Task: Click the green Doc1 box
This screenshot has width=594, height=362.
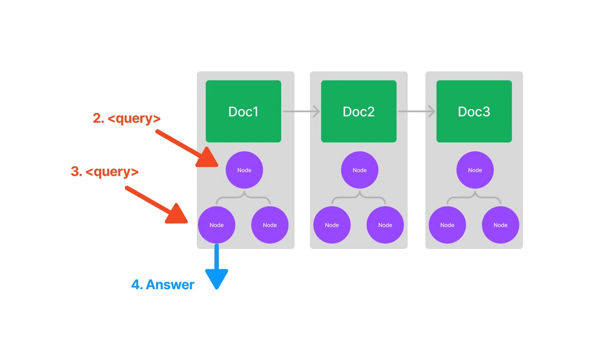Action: pos(243,111)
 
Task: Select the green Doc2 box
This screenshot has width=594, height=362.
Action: pos(358,111)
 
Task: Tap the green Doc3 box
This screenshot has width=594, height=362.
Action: pos(474,111)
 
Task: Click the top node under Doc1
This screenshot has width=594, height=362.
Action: pos(244,170)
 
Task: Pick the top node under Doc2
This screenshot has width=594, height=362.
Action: pos(359,170)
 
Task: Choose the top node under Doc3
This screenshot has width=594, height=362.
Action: pos(475,170)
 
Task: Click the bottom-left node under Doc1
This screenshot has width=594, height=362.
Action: pos(216,225)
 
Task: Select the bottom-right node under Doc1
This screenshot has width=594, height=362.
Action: pos(270,225)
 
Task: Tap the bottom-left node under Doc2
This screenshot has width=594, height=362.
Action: pos(332,225)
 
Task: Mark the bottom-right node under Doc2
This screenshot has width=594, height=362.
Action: pos(385,225)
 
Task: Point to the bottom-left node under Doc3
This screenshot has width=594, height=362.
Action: pos(447,225)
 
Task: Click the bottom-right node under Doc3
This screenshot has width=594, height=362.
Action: pos(500,225)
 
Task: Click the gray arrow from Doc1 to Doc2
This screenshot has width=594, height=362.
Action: pos(301,111)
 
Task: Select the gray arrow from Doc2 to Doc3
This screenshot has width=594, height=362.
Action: pos(416,111)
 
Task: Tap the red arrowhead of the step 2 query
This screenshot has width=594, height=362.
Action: pos(208,158)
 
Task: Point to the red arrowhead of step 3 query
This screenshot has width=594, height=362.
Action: pos(178,215)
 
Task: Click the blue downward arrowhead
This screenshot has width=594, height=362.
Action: pos(217,278)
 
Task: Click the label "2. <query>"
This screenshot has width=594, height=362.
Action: pos(127,118)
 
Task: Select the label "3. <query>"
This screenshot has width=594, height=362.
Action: pos(105,171)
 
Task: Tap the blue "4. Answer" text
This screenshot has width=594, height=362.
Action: pos(163,285)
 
